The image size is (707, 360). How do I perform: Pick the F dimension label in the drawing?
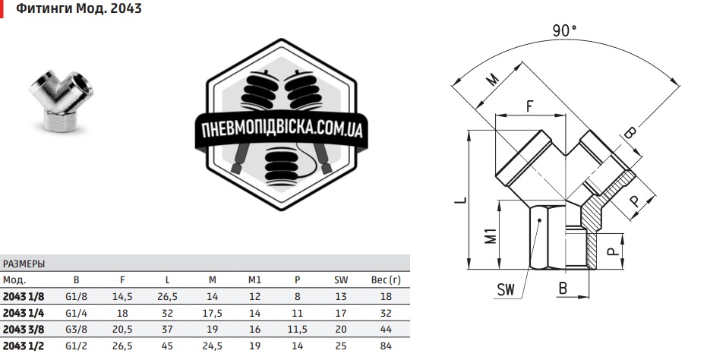pyautogui.click(x=529, y=107)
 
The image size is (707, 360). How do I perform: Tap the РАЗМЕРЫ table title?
pyautogui.click(x=24, y=264)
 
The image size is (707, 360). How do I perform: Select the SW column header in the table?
pyautogui.click(x=341, y=280)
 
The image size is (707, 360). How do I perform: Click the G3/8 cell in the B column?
pyautogui.click(x=76, y=329)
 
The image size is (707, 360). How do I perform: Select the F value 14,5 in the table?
pyautogui.click(x=122, y=296)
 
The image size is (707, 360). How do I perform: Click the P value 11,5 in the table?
pyautogui.click(x=298, y=329)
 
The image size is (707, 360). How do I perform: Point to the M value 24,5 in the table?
pyautogui.click(x=212, y=346)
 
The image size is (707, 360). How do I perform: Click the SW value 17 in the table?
pyautogui.click(x=341, y=312)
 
